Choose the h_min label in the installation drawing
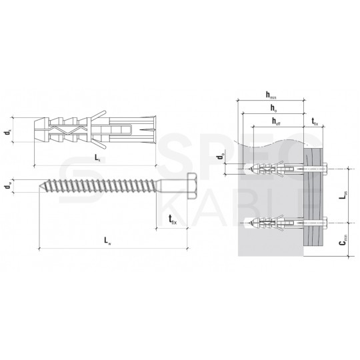(x=271, y=98)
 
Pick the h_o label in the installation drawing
(x=273, y=108)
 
